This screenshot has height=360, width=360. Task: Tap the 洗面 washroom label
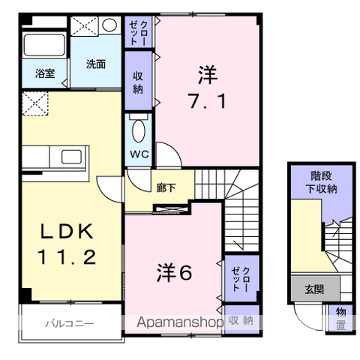[95, 64]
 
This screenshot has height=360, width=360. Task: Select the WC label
[139, 154]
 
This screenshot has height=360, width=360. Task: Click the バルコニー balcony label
[68, 324]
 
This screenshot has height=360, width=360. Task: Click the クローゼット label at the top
[139, 33]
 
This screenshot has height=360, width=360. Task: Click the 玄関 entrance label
[314, 289]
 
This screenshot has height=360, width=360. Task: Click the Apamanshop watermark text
[179, 322]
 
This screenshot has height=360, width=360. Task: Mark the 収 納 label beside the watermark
[241, 321]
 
